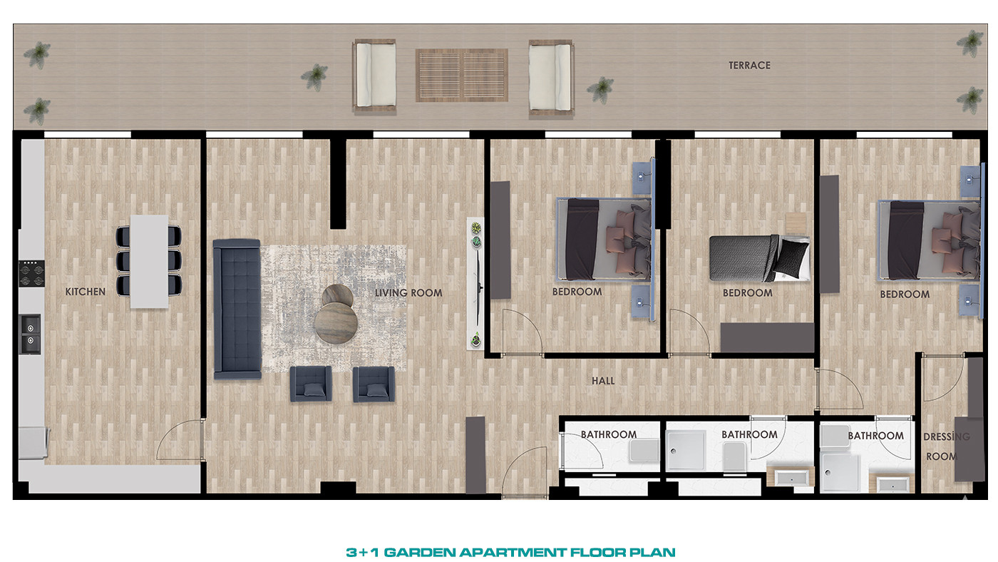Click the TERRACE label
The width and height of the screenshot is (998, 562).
point(749,66)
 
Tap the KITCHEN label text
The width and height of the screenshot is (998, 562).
point(85,292)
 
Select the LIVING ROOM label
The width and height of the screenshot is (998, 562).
point(408,293)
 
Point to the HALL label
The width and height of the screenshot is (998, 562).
point(603,381)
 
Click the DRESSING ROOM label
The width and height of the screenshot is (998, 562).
point(946,446)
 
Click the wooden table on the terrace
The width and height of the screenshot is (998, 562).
point(462,75)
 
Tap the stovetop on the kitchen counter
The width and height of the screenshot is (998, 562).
point(31,274)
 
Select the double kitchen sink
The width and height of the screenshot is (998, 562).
point(31,334)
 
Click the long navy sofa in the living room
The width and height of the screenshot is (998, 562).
point(237,310)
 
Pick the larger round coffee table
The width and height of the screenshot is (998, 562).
point(336,322)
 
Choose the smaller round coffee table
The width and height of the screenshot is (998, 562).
point(337,295)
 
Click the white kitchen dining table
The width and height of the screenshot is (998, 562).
point(149,262)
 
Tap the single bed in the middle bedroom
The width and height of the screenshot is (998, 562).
point(759,258)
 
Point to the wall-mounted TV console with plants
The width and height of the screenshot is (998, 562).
point(476,283)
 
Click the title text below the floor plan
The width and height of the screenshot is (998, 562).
point(510,552)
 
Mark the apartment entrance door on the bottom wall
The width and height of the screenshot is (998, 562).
point(525,471)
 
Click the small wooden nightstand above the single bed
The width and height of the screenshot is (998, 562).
point(796,223)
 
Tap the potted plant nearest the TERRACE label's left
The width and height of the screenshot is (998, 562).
point(600,90)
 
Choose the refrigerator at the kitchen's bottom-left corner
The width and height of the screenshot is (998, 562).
point(34,443)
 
